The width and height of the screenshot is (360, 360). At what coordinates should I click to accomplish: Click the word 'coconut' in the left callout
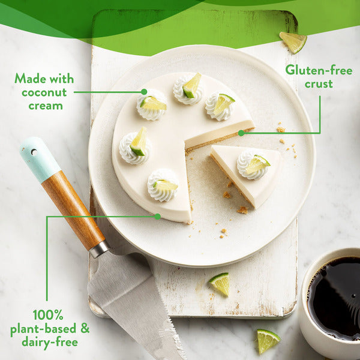point(44,92)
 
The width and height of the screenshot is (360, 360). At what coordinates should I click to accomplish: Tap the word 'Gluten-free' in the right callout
point(319,70)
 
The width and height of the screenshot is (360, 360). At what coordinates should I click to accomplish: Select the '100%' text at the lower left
point(48,315)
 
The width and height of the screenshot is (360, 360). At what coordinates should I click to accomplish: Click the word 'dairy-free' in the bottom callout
point(50,342)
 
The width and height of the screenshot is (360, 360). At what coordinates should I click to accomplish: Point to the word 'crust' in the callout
point(319,84)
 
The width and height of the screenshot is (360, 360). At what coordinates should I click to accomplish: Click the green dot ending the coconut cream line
point(144,92)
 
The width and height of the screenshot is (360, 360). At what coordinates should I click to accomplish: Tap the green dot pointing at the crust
point(241,133)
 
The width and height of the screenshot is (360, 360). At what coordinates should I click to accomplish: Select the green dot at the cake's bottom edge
point(157,217)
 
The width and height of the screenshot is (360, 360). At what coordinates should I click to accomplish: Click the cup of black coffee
point(331,303)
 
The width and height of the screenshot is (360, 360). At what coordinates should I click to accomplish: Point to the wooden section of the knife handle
point(73,210)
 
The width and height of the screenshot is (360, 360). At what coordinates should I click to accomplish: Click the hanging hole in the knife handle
point(34,152)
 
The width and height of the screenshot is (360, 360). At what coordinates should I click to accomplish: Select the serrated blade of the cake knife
point(136,305)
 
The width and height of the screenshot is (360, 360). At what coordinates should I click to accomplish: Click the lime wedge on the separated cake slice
point(257,164)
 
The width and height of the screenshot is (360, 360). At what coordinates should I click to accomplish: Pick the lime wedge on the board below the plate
point(220,284)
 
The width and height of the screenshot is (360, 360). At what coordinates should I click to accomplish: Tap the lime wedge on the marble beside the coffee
point(266,341)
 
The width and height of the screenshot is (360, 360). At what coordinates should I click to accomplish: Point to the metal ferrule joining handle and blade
point(99,249)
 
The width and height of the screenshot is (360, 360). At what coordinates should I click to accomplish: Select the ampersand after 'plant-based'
point(85,328)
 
